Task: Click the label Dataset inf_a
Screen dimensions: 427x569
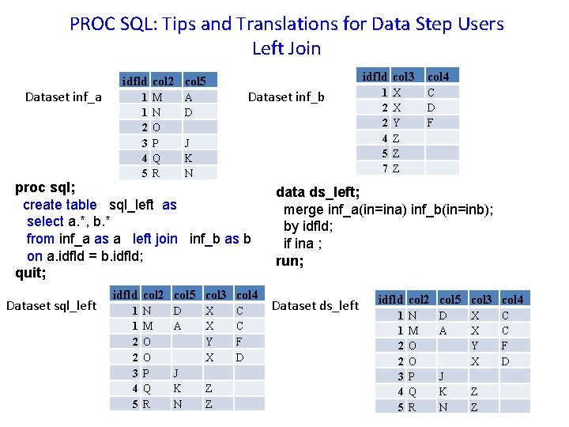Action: (x=63, y=98)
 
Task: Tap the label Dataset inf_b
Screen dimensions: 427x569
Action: (x=286, y=98)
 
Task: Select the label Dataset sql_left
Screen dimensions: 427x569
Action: (x=51, y=305)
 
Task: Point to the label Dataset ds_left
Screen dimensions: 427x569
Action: (x=315, y=305)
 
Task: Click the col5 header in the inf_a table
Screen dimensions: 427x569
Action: (x=194, y=81)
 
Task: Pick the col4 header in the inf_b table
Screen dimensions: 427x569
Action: (x=437, y=77)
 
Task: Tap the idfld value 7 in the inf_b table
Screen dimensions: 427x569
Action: (x=384, y=168)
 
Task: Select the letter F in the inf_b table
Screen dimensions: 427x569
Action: (x=431, y=123)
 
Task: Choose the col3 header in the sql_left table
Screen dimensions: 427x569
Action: (x=215, y=295)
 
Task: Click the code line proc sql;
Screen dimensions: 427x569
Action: (x=46, y=188)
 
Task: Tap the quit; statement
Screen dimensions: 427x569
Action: (x=31, y=274)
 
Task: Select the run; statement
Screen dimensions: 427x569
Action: (x=288, y=261)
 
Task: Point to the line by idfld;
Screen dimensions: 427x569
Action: (x=308, y=227)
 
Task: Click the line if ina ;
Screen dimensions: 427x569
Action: (x=303, y=244)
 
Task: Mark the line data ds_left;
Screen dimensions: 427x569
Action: (x=318, y=192)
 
